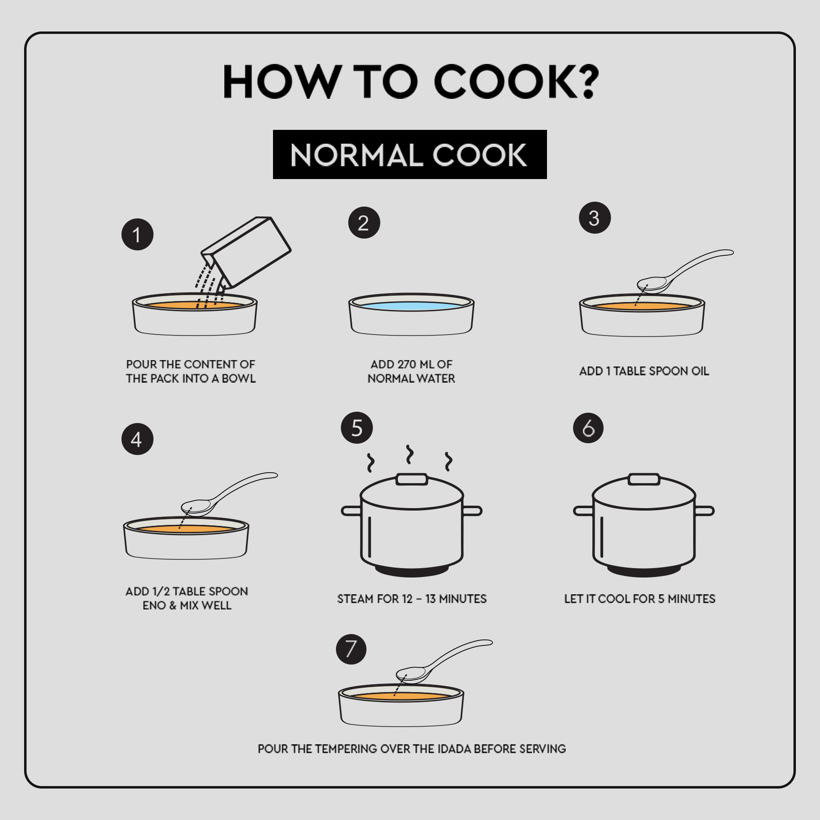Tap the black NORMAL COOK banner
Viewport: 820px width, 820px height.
click(409, 154)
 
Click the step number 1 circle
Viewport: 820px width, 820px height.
click(137, 235)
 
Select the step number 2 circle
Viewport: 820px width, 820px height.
click(364, 223)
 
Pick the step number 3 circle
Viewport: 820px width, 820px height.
click(595, 218)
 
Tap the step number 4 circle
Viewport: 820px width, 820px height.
click(137, 439)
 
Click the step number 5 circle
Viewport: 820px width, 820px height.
click(357, 428)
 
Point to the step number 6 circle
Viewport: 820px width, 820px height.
click(588, 428)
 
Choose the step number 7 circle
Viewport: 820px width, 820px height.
click(351, 649)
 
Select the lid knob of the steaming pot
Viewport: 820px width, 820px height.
click(412, 479)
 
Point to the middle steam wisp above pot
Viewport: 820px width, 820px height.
click(409, 455)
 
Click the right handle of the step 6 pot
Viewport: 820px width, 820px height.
click(704, 511)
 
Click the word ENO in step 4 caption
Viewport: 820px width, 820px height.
click(154, 606)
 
